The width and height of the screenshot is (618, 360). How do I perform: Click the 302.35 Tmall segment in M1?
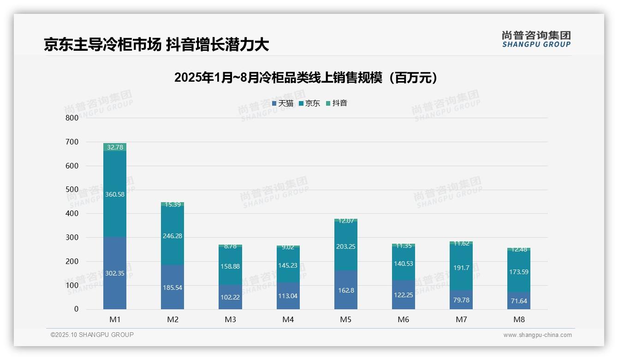(x=115, y=273)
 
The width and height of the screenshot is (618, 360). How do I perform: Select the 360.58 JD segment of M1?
(x=115, y=194)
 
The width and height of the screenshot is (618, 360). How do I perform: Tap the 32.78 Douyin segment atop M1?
(x=115, y=147)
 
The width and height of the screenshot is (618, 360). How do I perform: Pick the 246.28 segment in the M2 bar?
(x=172, y=236)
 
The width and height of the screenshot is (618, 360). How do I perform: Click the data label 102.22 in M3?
(x=230, y=298)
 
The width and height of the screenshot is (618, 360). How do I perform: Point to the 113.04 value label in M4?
(x=288, y=296)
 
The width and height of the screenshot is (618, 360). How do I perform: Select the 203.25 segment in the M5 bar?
(x=346, y=246)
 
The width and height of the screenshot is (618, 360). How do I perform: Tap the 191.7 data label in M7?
(x=461, y=268)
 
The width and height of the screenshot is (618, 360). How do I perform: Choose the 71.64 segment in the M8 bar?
(x=519, y=301)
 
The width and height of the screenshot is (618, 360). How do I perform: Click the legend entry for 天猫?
(x=283, y=103)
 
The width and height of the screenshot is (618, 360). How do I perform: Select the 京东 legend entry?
(x=309, y=103)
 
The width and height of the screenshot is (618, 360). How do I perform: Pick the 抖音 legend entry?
(x=337, y=103)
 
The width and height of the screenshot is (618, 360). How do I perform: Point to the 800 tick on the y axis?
(x=72, y=118)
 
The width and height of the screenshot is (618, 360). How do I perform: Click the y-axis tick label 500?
(x=72, y=189)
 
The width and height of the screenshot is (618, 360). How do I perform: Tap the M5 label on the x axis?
(x=346, y=319)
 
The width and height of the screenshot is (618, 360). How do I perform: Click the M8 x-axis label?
(x=519, y=319)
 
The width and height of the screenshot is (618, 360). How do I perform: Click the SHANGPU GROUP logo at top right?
(x=536, y=39)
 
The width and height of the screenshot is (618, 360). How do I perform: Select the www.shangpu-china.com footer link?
(x=537, y=335)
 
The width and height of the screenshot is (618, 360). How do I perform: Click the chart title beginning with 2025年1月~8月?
(x=306, y=78)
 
